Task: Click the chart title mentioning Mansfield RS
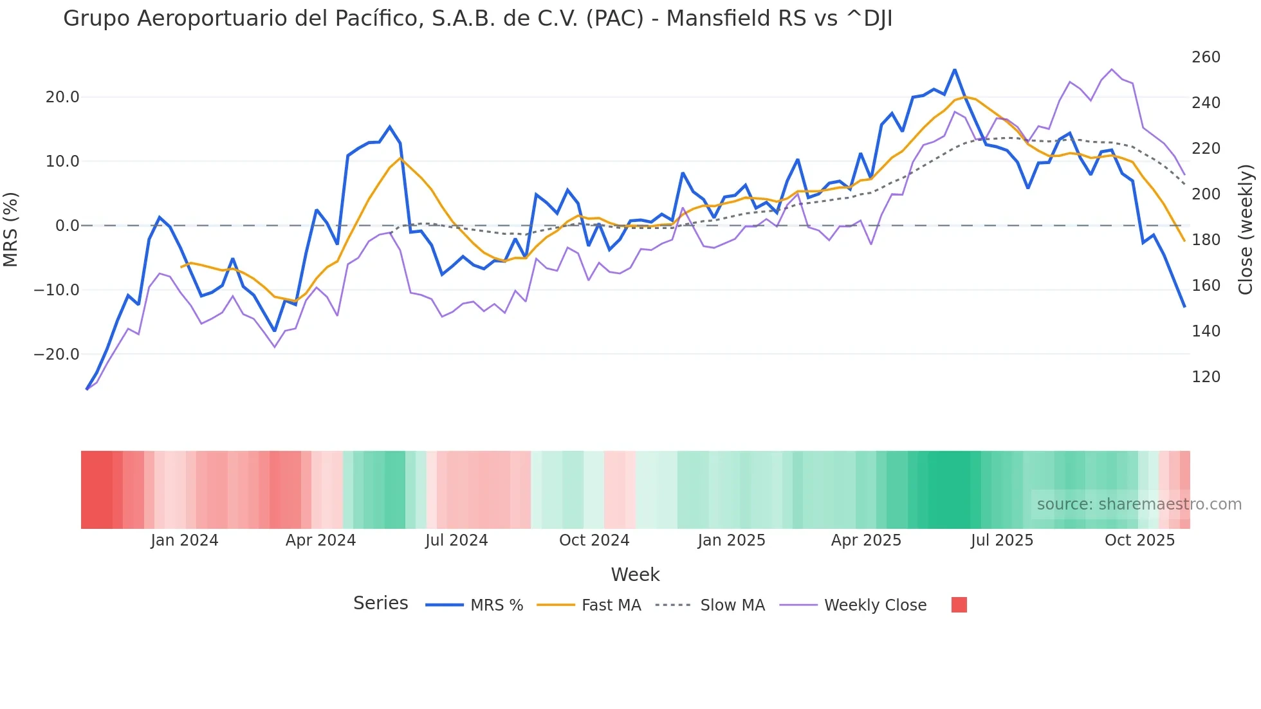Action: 477,19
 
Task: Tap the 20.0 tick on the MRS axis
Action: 62,97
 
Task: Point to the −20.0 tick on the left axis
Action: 57,354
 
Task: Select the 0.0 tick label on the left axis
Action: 68,226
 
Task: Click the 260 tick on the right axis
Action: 1206,57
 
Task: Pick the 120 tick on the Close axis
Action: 1206,377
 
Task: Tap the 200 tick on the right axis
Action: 1206,194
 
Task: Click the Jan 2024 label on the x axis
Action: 185,540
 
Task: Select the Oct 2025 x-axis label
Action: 1139,540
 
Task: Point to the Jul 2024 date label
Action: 456,540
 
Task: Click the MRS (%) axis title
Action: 10,229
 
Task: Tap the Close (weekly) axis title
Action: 1246,229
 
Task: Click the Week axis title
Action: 635,575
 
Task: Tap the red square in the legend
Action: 959,605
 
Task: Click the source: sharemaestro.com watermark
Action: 1139,504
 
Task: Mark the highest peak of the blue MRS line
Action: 955,69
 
